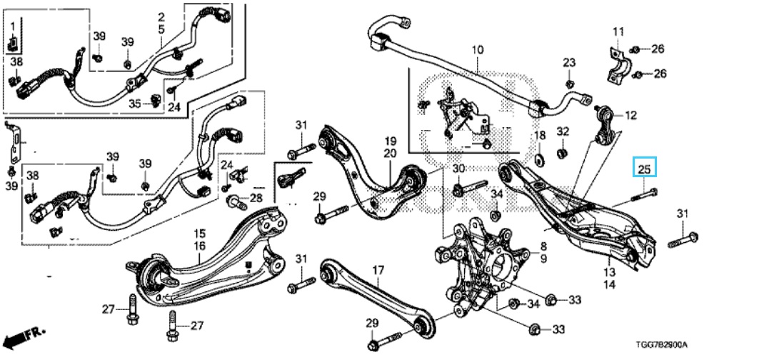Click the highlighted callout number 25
click(645, 169)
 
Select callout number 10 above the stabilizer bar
click(477, 50)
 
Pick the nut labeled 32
click(561, 151)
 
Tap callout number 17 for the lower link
click(378, 269)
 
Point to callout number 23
click(569, 64)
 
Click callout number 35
click(136, 104)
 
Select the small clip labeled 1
click(13, 45)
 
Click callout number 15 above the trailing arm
click(200, 234)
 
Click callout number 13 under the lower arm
click(609, 272)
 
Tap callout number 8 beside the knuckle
click(543, 246)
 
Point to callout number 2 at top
click(161, 16)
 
